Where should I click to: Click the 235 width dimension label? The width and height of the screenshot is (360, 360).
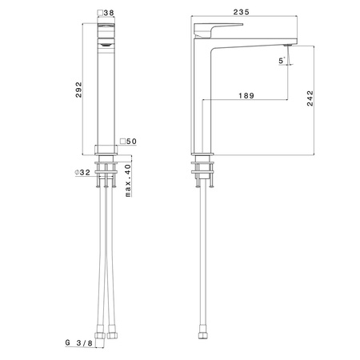[x=241, y=12]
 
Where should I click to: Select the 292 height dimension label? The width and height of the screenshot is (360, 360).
[x=78, y=90]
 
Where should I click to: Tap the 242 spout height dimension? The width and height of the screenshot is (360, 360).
[x=310, y=98]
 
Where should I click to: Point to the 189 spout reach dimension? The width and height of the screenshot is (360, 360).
[x=246, y=95]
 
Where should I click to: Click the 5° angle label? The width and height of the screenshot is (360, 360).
[x=282, y=61]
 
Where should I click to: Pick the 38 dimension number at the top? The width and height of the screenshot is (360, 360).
[x=109, y=13]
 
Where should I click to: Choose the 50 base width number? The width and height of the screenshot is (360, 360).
[x=131, y=141]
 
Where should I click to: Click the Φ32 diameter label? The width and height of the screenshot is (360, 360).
[x=82, y=172]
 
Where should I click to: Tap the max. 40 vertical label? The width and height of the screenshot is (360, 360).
[x=128, y=180]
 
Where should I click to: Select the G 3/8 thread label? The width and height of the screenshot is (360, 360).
[x=79, y=342]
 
